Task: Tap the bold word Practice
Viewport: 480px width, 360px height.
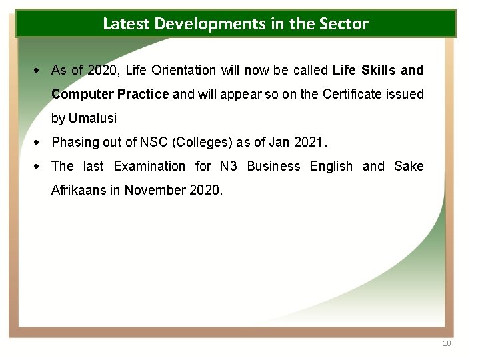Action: [x=143, y=94]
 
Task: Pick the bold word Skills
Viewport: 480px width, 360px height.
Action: [x=379, y=70]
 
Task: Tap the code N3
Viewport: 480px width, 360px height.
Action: [x=229, y=166]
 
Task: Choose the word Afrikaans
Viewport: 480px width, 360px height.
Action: [x=79, y=190]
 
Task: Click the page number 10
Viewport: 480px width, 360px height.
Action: [x=447, y=343]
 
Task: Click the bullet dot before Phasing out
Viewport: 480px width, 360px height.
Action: [x=41, y=142]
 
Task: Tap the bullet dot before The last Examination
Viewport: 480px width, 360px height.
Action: [x=41, y=166]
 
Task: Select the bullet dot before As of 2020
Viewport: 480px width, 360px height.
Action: [x=41, y=70]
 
